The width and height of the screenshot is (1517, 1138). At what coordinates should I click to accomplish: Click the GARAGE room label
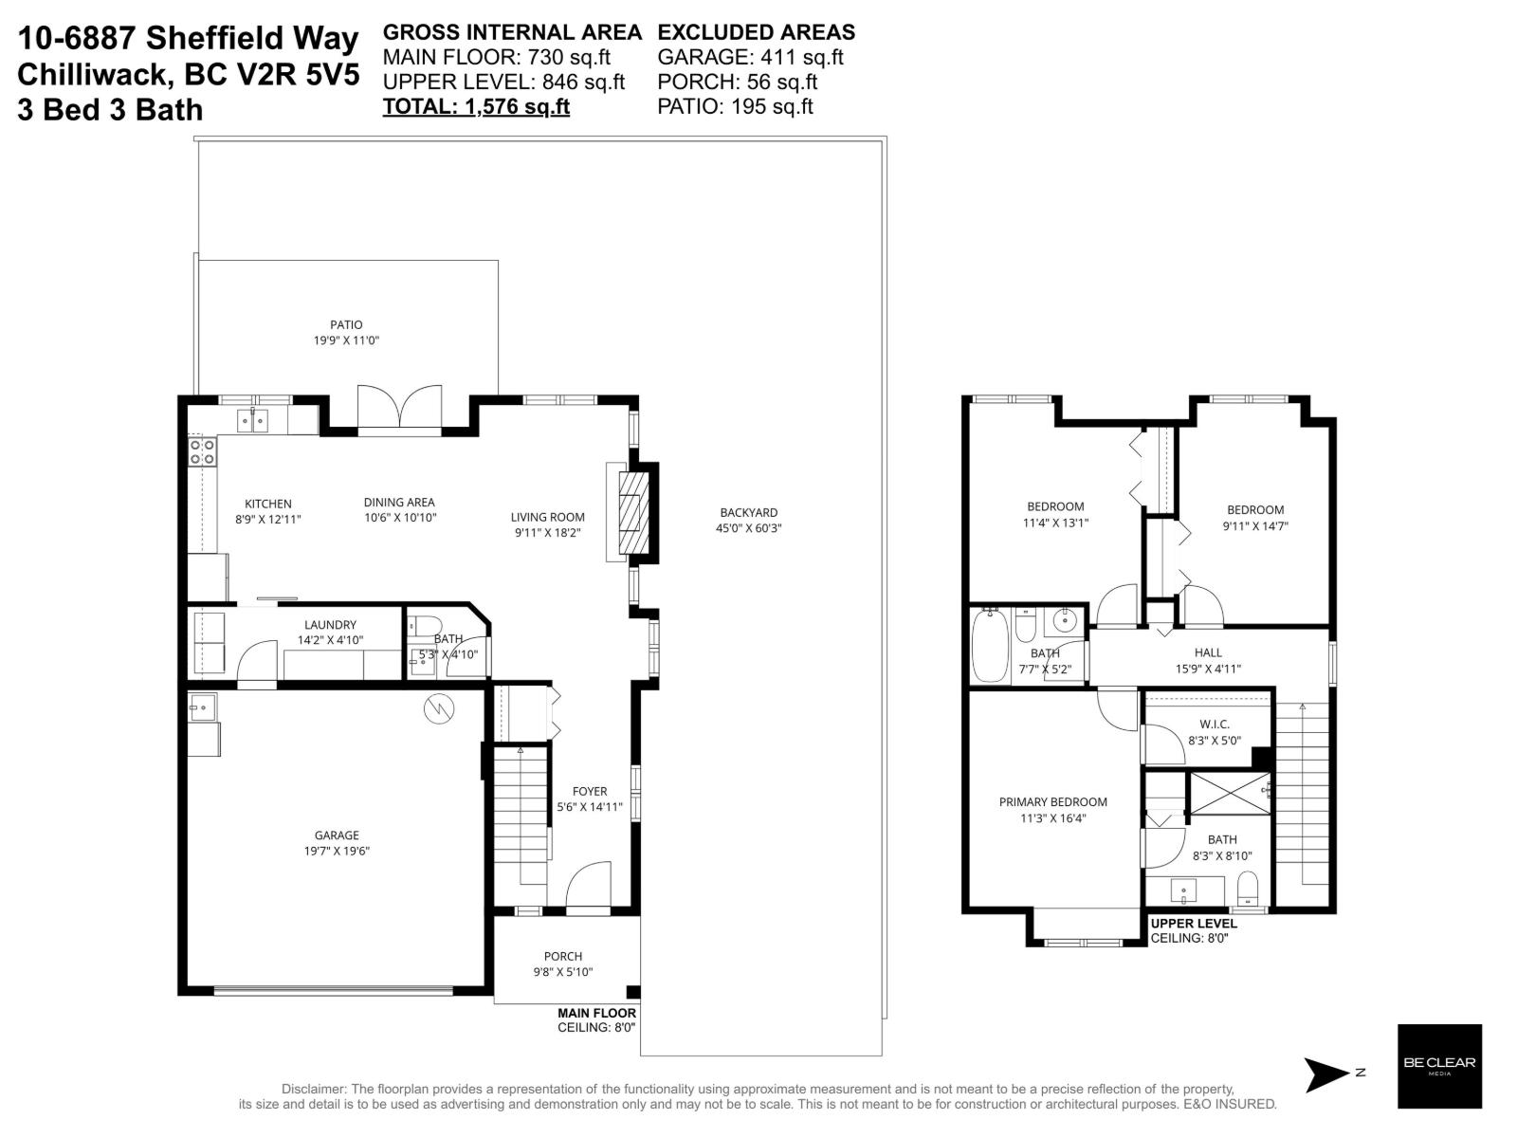pyautogui.click(x=337, y=835)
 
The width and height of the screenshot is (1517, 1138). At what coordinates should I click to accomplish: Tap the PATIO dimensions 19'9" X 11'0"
pyautogui.click(x=346, y=340)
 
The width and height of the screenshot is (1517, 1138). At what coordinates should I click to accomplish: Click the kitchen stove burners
pyautogui.click(x=201, y=451)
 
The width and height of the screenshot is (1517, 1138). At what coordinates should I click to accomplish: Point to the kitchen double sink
pyautogui.click(x=252, y=419)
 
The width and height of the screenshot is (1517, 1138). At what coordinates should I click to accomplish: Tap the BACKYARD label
pyautogui.click(x=748, y=513)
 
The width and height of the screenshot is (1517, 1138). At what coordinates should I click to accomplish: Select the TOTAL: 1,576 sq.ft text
pyautogui.click(x=476, y=106)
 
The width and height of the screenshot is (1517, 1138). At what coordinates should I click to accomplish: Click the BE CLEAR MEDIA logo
pyautogui.click(x=1439, y=1065)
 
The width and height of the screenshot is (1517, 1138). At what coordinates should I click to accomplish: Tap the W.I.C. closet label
pyautogui.click(x=1214, y=725)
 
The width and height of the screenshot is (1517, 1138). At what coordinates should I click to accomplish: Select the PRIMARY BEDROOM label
pyautogui.click(x=1052, y=802)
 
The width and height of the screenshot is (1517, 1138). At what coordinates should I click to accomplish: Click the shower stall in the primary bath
pyautogui.click(x=1230, y=794)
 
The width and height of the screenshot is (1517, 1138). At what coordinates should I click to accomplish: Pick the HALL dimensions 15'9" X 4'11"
pyautogui.click(x=1208, y=669)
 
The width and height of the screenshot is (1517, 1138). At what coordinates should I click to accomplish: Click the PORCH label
pyautogui.click(x=563, y=956)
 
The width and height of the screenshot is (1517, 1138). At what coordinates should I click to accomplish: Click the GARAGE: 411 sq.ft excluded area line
pyautogui.click(x=750, y=57)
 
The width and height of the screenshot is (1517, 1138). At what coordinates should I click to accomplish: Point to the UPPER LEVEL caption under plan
pyautogui.click(x=1193, y=923)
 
